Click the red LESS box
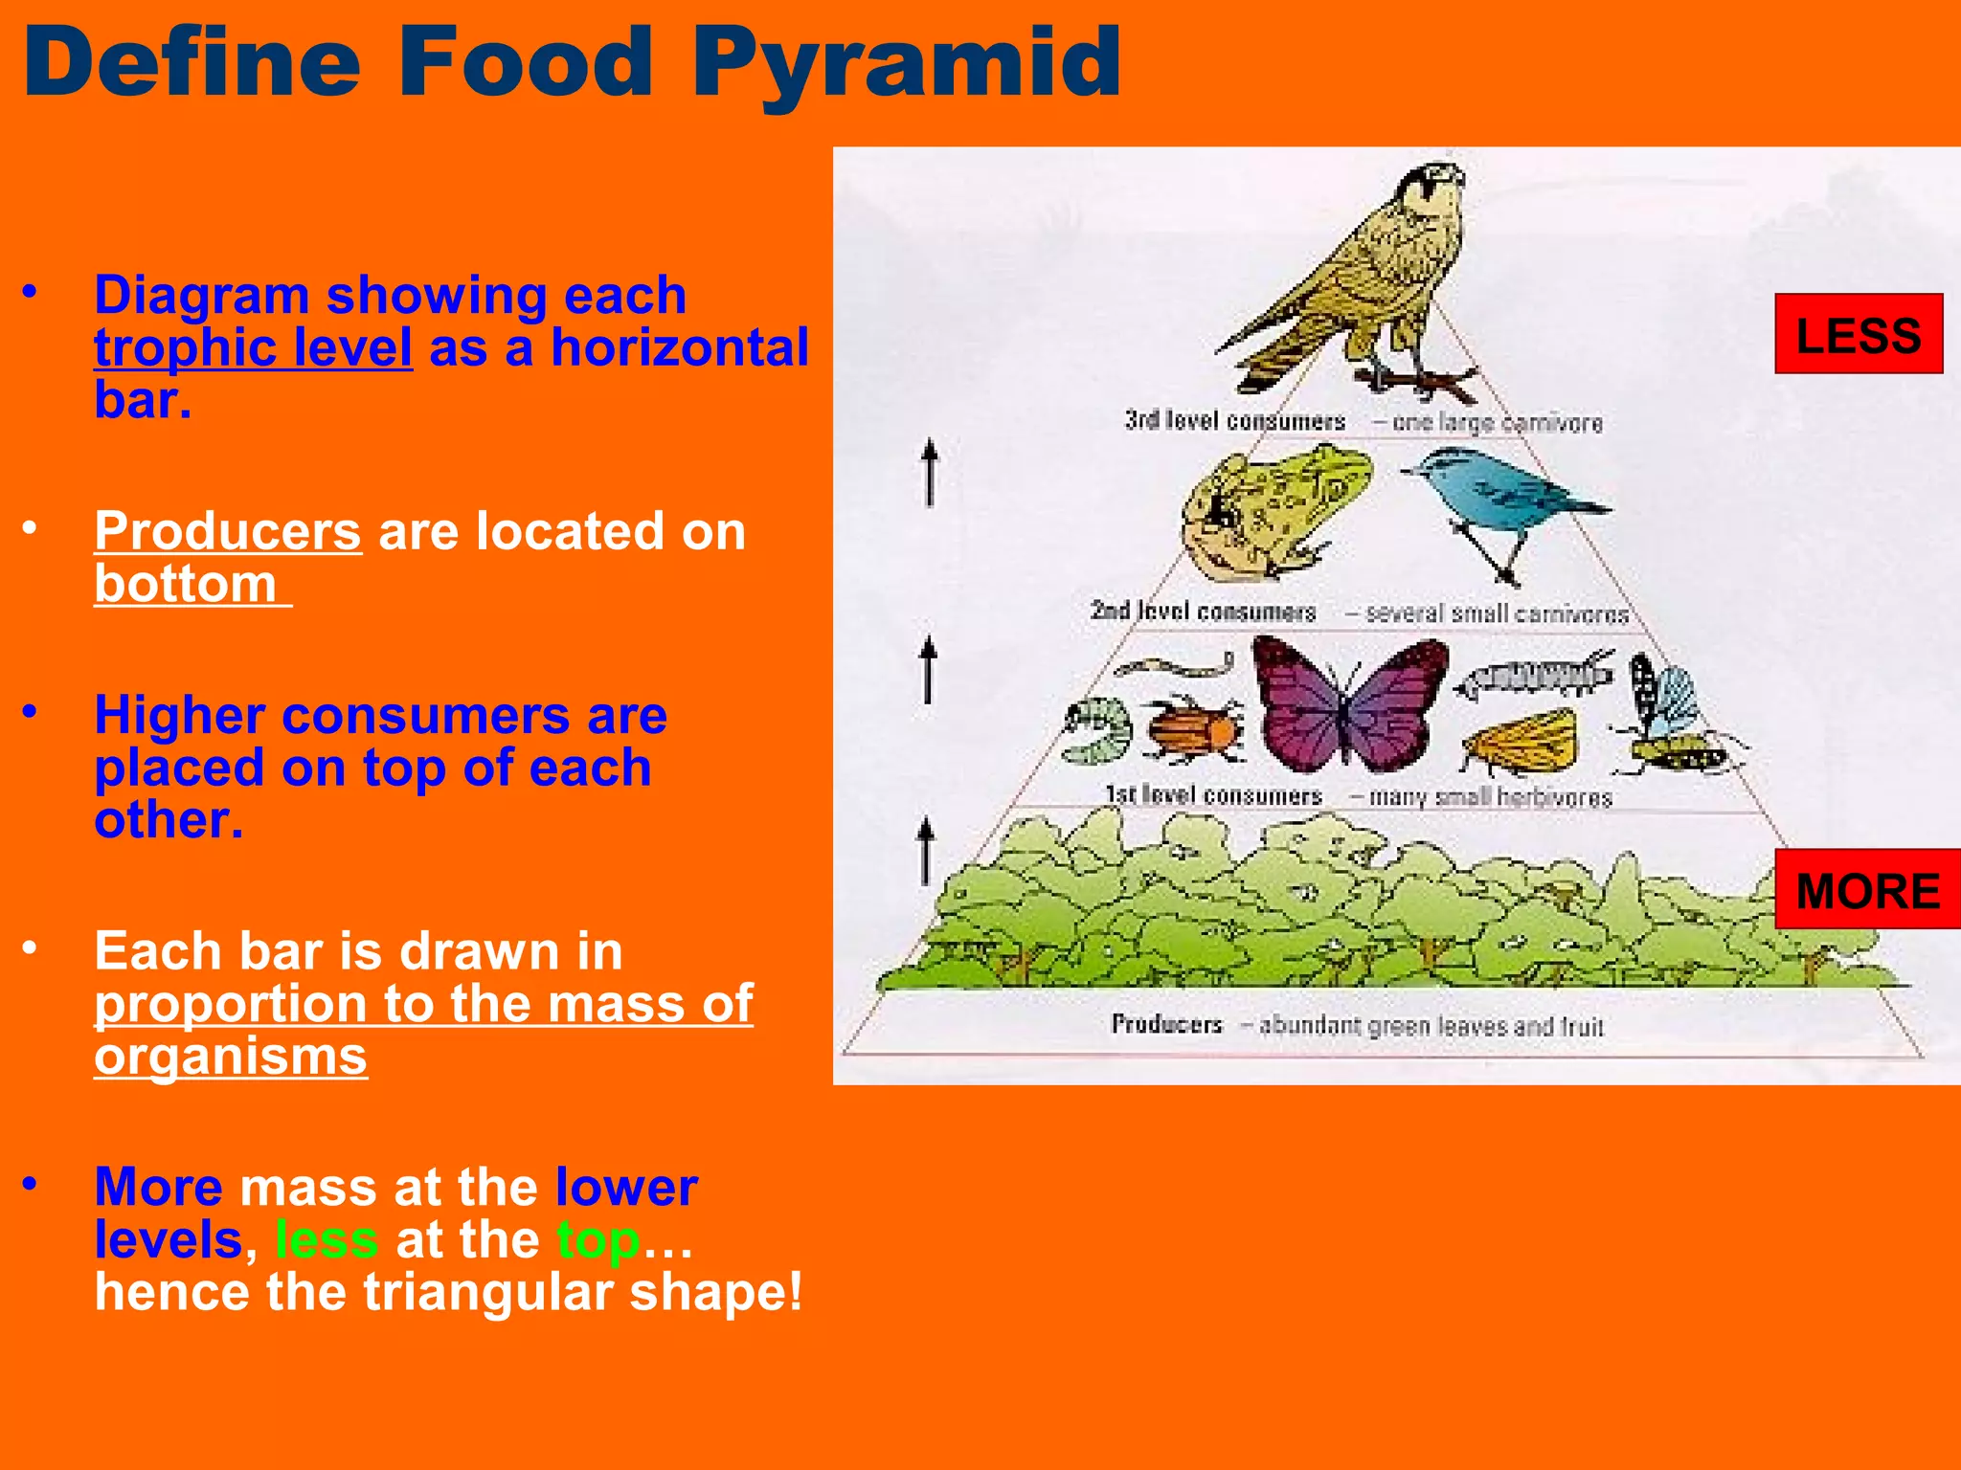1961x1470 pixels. tap(1858, 334)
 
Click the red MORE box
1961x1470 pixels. tap(1866, 889)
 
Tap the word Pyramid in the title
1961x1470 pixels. tap(905, 62)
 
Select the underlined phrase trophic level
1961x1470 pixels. tap(253, 347)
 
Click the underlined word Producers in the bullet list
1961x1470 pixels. tap(228, 531)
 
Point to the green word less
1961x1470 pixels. tap(327, 1239)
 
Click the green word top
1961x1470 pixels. tap(597, 1239)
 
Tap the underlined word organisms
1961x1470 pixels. tap(230, 1057)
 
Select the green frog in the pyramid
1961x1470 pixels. tap(1274, 512)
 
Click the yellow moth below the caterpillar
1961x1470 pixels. tap(1522, 742)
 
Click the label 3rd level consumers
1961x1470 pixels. tap(1234, 421)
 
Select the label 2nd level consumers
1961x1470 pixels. tap(1203, 612)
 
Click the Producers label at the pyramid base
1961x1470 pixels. tap(1166, 1024)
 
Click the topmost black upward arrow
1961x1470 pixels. tap(929, 471)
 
